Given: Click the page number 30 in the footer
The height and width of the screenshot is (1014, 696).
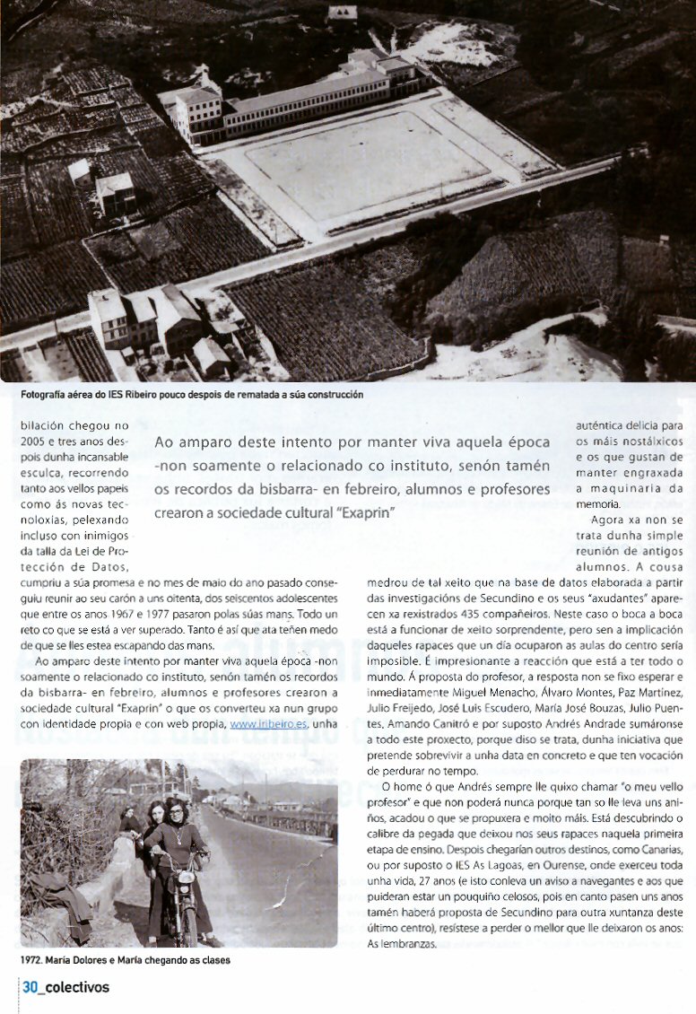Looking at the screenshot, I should point(30,987).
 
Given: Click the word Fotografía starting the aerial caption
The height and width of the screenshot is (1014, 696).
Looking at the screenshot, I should point(48,394).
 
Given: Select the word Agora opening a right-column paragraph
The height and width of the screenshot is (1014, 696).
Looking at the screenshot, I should point(609,520).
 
